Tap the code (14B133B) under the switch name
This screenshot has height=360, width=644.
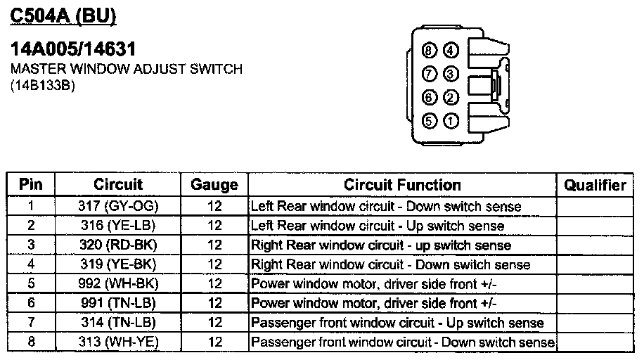[43, 86]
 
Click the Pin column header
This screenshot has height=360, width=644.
[30, 185]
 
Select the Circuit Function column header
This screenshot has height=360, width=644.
[402, 185]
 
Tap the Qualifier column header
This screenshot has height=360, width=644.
[595, 185]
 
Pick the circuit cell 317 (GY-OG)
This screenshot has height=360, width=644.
[118, 207]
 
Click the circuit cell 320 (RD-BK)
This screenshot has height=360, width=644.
[118, 245]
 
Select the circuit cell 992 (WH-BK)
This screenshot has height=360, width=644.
[118, 284]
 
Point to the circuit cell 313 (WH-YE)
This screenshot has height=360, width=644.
[118, 342]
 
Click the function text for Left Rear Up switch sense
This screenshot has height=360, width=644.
[378, 226]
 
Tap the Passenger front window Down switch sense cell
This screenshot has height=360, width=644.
[403, 342]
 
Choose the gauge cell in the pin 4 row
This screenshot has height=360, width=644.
[214, 265]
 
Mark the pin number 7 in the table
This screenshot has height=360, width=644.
[30, 323]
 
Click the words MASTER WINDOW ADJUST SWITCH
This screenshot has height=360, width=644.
[126, 70]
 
